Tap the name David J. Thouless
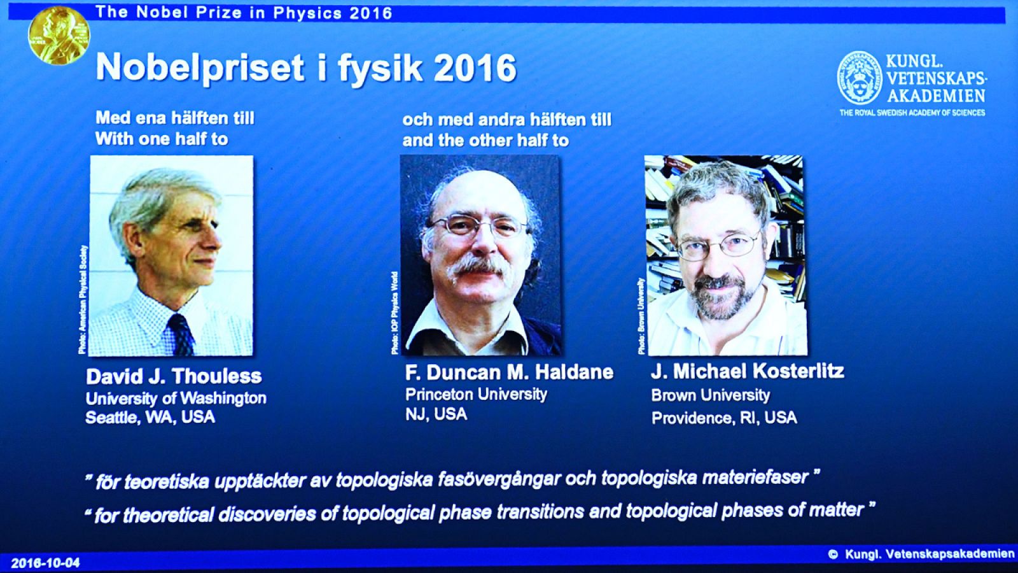coord(174,376)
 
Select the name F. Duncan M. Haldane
coord(509,372)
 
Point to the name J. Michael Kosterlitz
coord(747,371)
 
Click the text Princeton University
coord(476,394)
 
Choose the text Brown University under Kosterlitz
coord(710,395)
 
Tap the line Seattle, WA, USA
coord(150,418)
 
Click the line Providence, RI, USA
coord(723,418)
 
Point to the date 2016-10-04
coord(45,563)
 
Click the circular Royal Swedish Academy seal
coord(859,78)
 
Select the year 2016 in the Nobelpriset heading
coord(475,67)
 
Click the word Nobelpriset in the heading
coord(199,67)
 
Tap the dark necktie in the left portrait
coord(182,334)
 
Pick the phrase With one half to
coord(162,139)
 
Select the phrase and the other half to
coord(485,141)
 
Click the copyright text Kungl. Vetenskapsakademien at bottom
coord(929,555)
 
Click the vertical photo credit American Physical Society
coord(83,299)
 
